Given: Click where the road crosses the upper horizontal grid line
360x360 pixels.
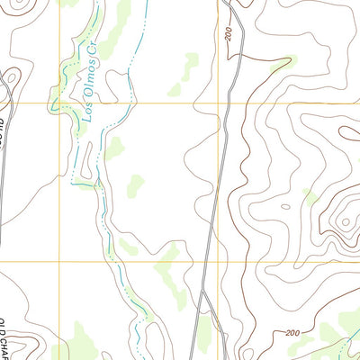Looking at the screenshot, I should click(231, 103).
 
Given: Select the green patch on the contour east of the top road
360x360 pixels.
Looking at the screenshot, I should click(281, 65).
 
